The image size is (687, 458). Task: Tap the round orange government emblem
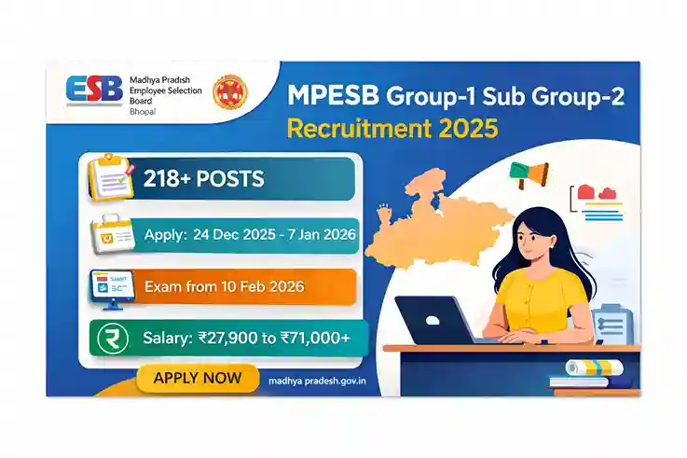228,94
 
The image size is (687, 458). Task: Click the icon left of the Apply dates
111,235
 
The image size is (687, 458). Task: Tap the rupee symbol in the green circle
110,338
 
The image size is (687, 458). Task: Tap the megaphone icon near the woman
529,174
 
